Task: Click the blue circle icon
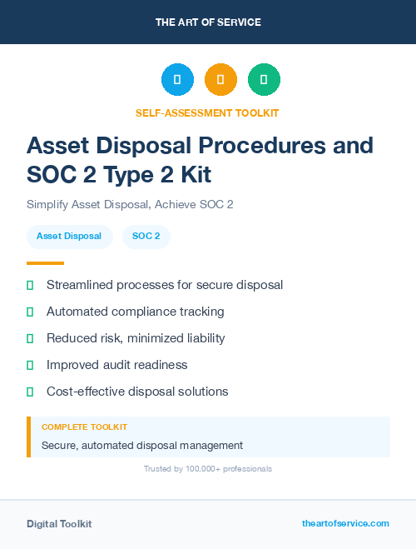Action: pos(177,80)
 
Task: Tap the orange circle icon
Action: pos(220,80)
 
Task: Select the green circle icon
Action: pos(264,80)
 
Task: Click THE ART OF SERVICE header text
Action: pos(208,22)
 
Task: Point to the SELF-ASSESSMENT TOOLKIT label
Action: pos(208,112)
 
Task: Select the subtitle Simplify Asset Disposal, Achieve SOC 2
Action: pos(130,204)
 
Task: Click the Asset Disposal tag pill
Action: pos(69,237)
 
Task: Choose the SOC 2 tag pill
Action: pos(146,237)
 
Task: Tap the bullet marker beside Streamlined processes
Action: pos(30,285)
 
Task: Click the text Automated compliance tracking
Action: pos(135,312)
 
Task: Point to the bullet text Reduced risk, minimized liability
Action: pos(136,338)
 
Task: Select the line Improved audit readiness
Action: pos(116,365)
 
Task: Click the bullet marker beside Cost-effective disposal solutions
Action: pos(30,392)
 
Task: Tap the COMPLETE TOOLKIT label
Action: pos(84,427)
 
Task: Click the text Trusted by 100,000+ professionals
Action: pos(208,469)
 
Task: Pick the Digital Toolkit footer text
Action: pos(59,524)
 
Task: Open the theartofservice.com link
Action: pos(345,523)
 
